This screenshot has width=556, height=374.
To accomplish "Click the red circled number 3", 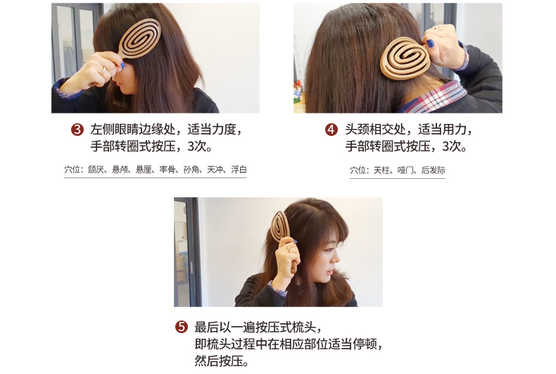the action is tap(77, 130).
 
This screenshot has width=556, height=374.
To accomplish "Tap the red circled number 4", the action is tap(331, 130).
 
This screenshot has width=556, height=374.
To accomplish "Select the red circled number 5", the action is tap(181, 326).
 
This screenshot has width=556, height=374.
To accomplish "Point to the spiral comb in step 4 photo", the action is tap(405, 58).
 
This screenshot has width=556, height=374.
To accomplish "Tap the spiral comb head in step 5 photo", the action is tap(280, 226).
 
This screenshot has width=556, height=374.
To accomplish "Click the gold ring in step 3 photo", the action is tap(103, 70).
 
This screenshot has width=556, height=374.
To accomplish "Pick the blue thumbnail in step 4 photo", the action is tap(430, 43).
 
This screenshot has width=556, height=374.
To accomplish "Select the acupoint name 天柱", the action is tap(381, 170).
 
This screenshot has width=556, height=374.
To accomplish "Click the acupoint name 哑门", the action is tap(405, 170).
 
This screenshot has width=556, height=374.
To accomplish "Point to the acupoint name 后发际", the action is tap(433, 170).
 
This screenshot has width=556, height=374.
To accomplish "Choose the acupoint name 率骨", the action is tap(168, 170).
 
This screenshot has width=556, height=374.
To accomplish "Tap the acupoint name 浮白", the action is tap(239, 170).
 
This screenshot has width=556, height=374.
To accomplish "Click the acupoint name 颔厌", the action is tap(96, 170).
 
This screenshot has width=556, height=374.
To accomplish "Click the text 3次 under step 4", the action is tap(454, 146).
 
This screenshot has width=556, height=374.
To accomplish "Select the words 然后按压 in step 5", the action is tap(218, 361).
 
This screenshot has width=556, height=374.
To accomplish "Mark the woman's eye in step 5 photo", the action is tap(329, 249).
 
